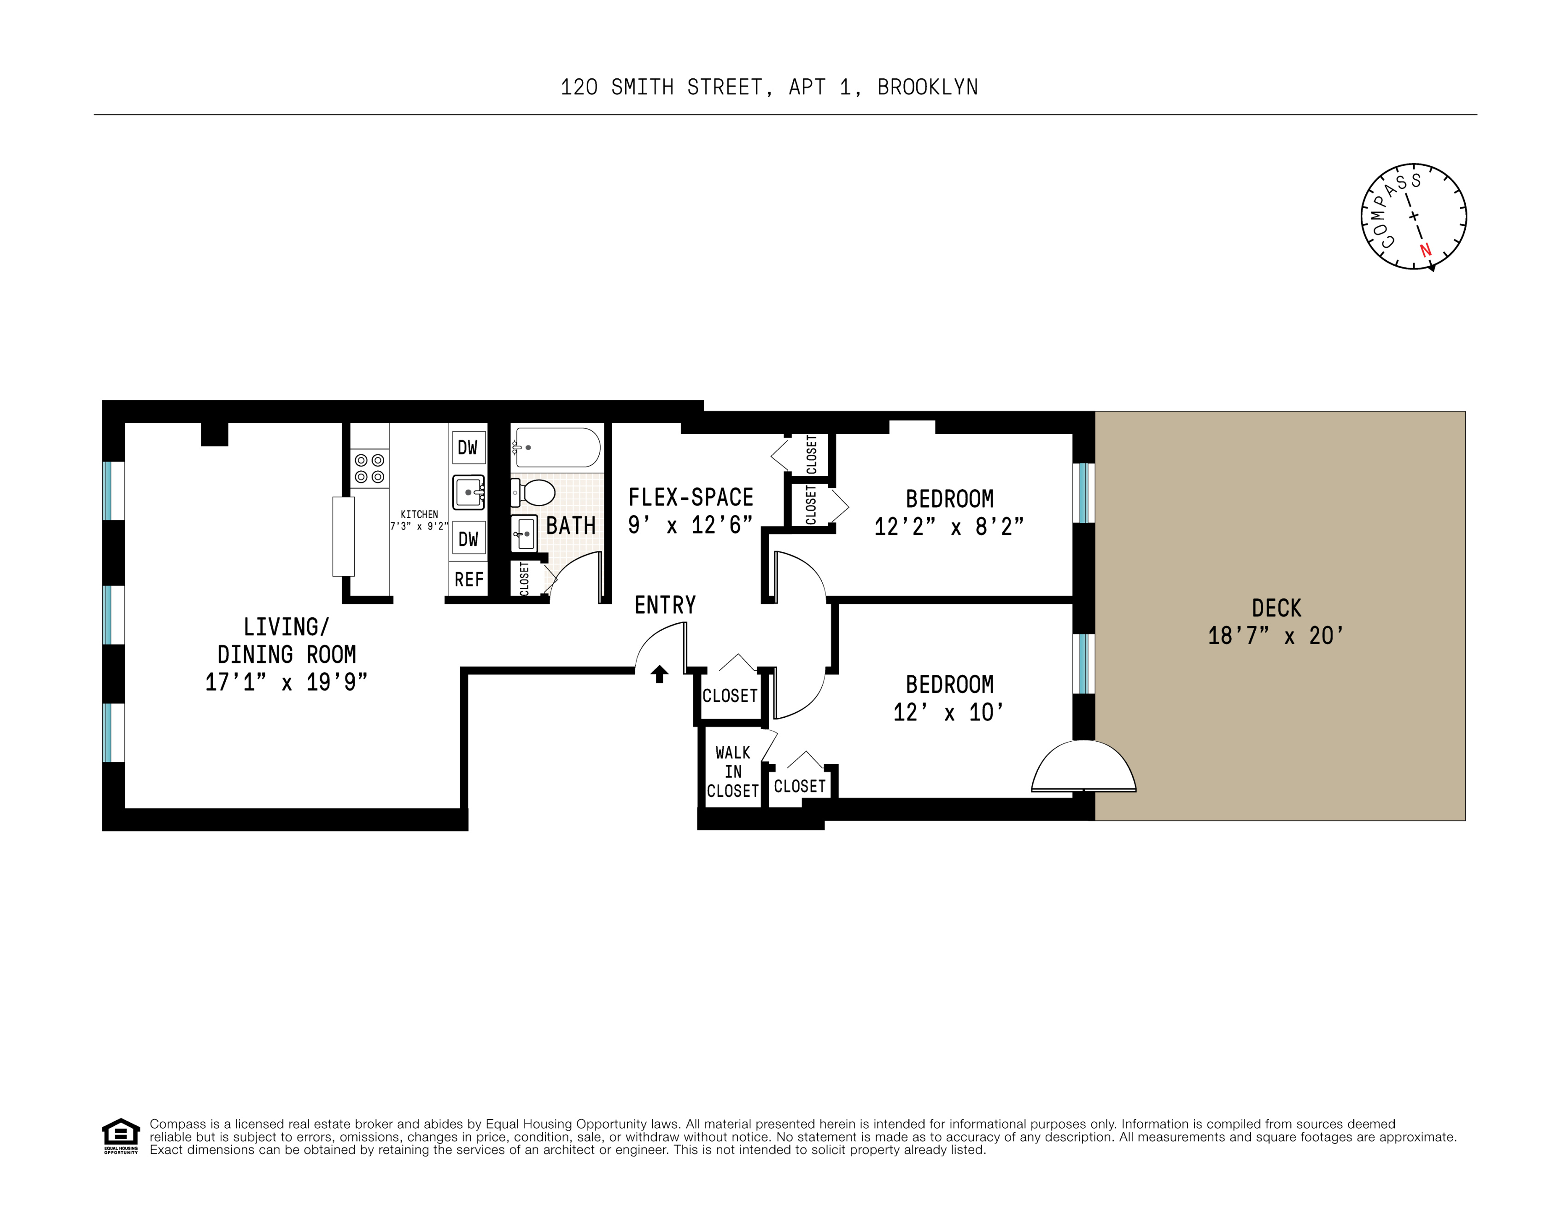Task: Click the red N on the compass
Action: click(x=1426, y=250)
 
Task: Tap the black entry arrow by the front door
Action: click(x=660, y=674)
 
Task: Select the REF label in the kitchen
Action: click(x=469, y=580)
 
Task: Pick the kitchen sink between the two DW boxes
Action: click(x=469, y=492)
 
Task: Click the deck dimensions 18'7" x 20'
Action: click(x=1275, y=636)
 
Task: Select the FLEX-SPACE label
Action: click(x=690, y=498)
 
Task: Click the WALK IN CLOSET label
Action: click(x=732, y=772)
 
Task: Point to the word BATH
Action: click(x=571, y=526)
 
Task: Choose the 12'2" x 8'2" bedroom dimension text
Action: click(x=949, y=527)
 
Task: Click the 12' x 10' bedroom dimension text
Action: click(x=948, y=712)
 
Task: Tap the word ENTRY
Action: click(x=665, y=605)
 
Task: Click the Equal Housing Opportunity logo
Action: click(x=121, y=1136)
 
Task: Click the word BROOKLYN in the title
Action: click(x=928, y=88)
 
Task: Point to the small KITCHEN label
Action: click(x=419, y=515)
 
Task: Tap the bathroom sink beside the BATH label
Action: click(x=524, y=533)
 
